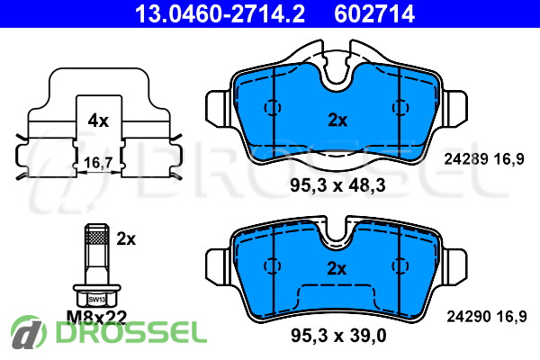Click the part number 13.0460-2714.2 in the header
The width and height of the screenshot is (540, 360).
tap(220, 13)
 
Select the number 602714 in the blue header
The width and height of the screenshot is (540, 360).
tap(374, 13)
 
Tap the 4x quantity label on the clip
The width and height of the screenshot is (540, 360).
tap(98, 121)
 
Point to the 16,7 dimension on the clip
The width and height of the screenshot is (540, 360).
tap(98, 162)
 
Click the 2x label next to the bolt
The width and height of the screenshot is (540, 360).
tap(126, 238)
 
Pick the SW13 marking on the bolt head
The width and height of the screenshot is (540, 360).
tap(97, 300)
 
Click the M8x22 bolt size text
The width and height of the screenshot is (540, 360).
tap(97, 318)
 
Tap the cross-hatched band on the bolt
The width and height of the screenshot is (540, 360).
tap(97, 237)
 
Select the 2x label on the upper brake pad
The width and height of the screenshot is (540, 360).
tap(337, 121)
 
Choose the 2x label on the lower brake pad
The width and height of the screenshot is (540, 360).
tap(337, 268)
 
